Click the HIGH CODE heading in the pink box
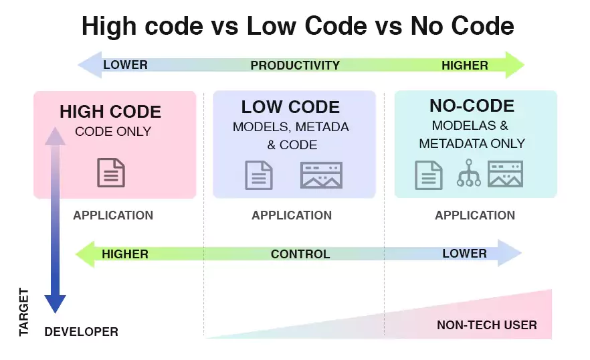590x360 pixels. point(110,112)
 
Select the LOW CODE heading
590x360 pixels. point(290,107)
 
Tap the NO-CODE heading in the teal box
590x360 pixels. point(472,106)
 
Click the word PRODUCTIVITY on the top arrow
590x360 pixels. point(295,66)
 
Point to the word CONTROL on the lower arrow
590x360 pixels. point(300,254)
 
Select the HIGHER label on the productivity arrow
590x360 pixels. point(465,65)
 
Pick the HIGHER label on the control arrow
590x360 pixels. point(125,254)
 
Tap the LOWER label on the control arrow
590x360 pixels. point(464,254)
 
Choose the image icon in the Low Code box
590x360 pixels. point(322,175)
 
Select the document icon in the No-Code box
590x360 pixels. point(429,175)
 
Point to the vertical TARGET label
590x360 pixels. point(24,312)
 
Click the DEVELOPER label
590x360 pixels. point(81,332)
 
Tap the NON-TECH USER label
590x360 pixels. point(486,325)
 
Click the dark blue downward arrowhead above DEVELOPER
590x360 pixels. point(55,304)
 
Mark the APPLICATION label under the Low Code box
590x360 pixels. point(292,215)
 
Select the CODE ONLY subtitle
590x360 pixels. point(113,131)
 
